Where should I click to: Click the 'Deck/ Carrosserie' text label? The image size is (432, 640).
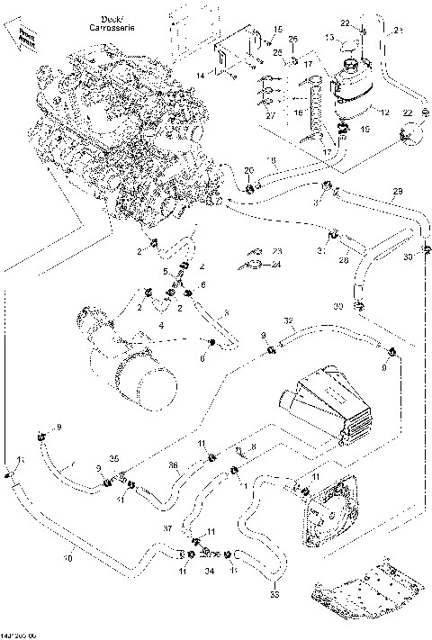(88, 23)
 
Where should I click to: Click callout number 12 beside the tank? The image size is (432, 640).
(384, 113)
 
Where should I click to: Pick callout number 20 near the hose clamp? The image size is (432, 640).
(249, 170)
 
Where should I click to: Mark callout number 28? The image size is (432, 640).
(343, 261)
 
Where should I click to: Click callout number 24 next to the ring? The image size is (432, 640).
(276, 265)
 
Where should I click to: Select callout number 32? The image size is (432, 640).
(288, 320)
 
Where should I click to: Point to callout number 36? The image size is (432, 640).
(172, 464)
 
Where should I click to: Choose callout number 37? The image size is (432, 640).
(166, 527)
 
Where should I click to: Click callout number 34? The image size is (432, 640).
(209, 571)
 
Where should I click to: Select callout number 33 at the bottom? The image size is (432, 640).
(274, 594)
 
